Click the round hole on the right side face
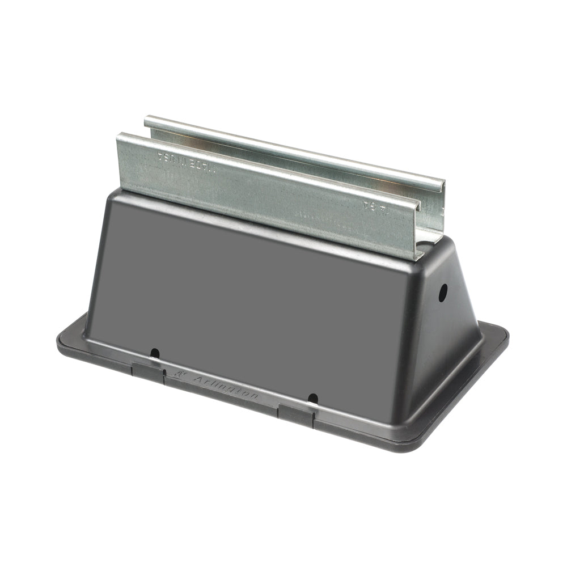pyautogui.click(x=443, y=293)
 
